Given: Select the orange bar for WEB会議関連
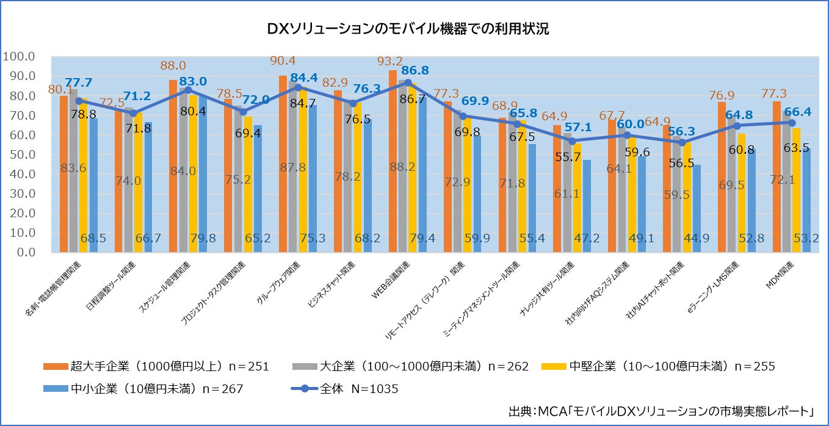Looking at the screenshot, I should pos(393,161).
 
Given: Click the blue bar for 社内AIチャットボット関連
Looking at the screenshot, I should pos(697,208).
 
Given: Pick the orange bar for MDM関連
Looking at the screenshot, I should pos(777,177).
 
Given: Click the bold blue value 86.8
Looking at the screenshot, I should pos(415,70).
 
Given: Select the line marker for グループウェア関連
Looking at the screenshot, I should pos(298,87).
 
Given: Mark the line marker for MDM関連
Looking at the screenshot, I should pos(791,123).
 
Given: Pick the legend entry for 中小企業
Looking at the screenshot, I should pos(144,389).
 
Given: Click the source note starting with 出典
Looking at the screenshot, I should pos(662,411).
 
